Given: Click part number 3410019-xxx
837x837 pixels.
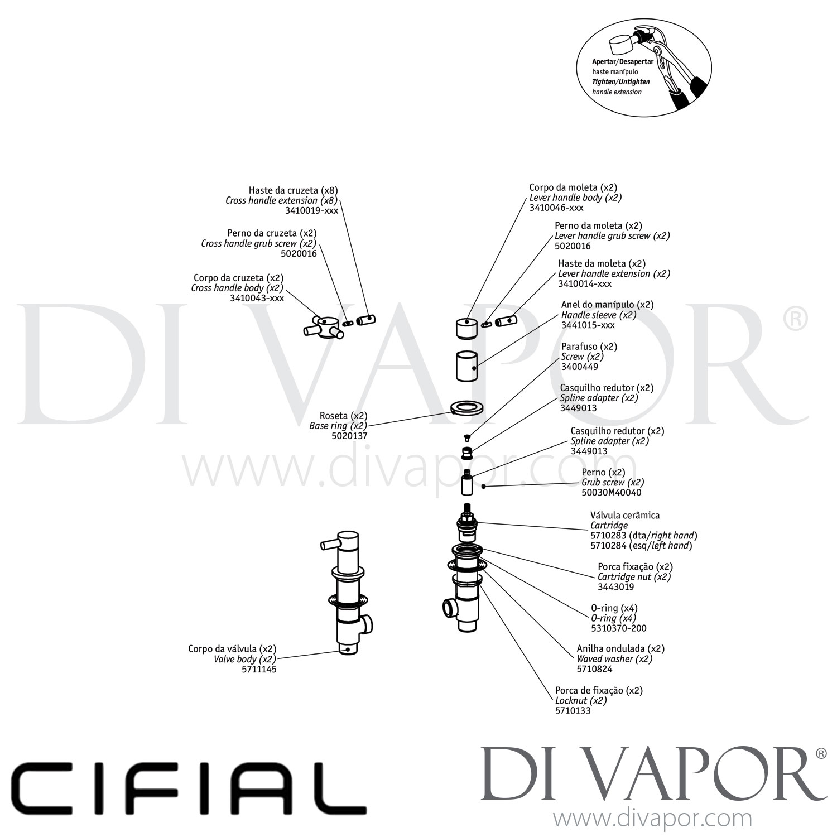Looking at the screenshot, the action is (x=312, y=210).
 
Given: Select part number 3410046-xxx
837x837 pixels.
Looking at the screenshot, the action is (x=556, y=208).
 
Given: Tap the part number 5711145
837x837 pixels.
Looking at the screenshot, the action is (x=259, y=669).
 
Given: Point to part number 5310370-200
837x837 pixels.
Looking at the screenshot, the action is (x=619, y=628).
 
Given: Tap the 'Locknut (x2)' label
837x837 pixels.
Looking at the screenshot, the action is (x=581, y=701).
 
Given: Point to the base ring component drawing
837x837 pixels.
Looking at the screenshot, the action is (x=466, y=406).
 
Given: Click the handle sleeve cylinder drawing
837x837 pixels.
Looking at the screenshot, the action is (x=467, y=367).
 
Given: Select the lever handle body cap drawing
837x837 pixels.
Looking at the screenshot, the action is (x=467, y=328).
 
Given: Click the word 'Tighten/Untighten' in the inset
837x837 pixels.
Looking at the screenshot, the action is (x=621, y=81).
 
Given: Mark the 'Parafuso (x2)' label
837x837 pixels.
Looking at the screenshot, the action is (x=589, y=347).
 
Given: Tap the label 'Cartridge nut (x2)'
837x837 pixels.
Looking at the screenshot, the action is (x=634, y=577).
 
